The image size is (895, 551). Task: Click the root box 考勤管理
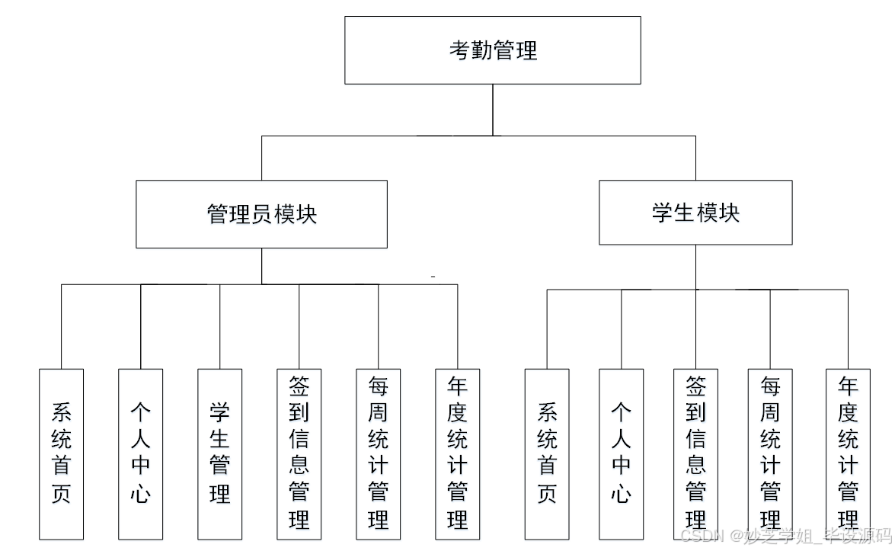pyautogui.click(x=492, y=50)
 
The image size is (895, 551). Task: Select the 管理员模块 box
pyautogui.click(x=261, y=214)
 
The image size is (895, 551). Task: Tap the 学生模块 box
pyautogui.click(x=695, y=213)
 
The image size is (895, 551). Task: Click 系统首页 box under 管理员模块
pyautogui.click(x=62, y=454)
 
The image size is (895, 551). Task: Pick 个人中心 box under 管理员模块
pyautogui.click(x=140, y=454)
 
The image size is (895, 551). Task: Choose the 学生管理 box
pyautogui.click(x=220, y=454)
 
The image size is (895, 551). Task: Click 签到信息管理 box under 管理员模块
pyautogui.click(x=299, y=454)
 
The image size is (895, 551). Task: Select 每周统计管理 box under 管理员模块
pyautogui.click(x=378, y=454)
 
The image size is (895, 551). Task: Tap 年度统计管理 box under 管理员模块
pyautogui.click(x=457, y=454)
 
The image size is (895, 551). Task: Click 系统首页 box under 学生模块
pyautogui.click(x=547, y=454)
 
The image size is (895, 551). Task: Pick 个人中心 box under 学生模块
pyautogui.click(x=621, y=454)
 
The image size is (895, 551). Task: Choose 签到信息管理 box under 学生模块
pyautogui.click(x=695, y=454)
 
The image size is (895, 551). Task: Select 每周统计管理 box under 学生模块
pyautogui.click(x=770, y=454)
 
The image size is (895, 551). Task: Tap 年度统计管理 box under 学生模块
pyautogui.click(x=848, y=454)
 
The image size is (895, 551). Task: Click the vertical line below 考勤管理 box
pyautogui.click(x=493, y=110)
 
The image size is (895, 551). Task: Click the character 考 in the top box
pyautogui.click(x=459, y=50)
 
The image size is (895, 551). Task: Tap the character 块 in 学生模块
pyautogui.click(x=729, y=213)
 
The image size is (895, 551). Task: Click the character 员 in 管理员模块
pyautogui.click(x=261, y=214)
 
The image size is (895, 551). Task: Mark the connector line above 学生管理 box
pyautogui.click(x=220, y=326)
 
